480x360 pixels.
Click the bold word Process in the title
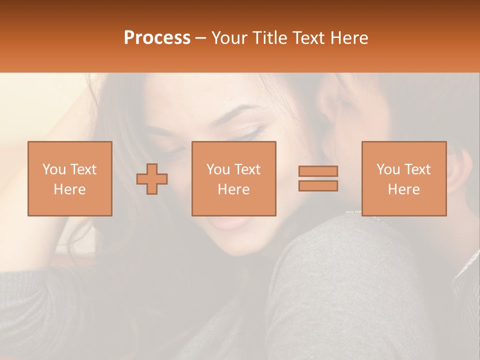(157, 37)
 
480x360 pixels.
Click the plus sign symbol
(152, 178)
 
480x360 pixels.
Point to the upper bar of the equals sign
(318, 171)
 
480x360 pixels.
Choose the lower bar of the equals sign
(318, 185)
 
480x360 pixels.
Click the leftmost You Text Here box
(69, 178)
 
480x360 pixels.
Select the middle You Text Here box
(233, 178)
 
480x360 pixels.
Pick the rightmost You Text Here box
(403, 178)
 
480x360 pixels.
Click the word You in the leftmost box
(53, 169)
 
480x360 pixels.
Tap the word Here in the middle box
(233, 189)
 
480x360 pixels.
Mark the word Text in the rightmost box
(417, 169)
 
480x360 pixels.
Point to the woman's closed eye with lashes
(250, 134)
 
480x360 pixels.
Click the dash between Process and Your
(201, 38)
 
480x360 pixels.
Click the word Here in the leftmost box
(69, 189)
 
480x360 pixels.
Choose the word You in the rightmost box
(388, 169)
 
